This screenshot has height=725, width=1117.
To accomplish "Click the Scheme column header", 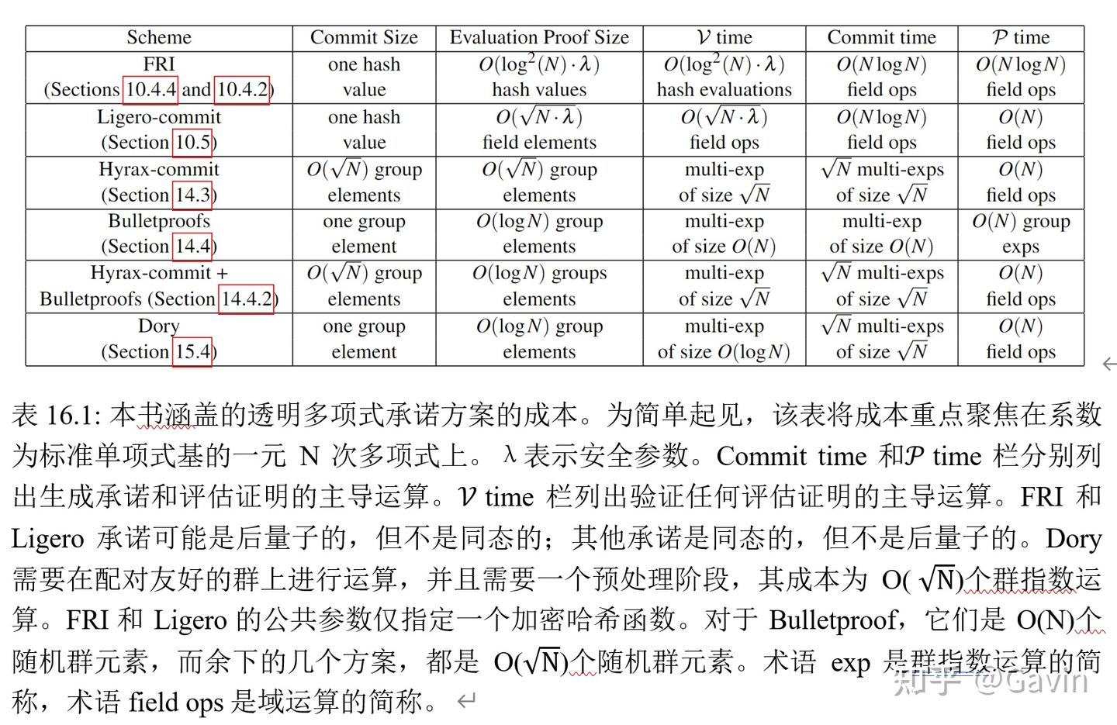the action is point(159,37).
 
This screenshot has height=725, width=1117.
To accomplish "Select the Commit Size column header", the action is point(364,37).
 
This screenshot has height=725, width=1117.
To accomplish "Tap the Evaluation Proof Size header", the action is point(539,37).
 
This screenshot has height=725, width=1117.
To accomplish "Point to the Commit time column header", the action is point(881,37).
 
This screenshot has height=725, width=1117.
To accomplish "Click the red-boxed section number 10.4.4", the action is point(150,90).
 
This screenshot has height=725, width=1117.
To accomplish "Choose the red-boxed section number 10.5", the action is point(192,143).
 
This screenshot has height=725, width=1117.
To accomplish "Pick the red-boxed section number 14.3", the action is point(192,195).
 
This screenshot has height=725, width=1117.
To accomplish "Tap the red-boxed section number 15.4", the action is point(192,351).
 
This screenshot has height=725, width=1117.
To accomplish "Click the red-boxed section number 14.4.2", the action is point(247,299).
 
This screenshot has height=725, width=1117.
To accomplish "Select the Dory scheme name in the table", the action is point(159,326).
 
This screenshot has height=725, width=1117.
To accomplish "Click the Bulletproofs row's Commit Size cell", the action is point(364,234).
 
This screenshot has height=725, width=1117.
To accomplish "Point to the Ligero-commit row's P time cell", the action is point(1020,129).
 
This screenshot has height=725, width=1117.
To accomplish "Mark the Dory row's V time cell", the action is point(724,339).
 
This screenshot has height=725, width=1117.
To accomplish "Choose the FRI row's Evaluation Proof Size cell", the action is point(539,77).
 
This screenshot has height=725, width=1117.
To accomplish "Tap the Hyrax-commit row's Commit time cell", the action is point(881,182).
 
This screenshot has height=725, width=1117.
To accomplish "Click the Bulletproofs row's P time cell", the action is point(1020,234).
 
